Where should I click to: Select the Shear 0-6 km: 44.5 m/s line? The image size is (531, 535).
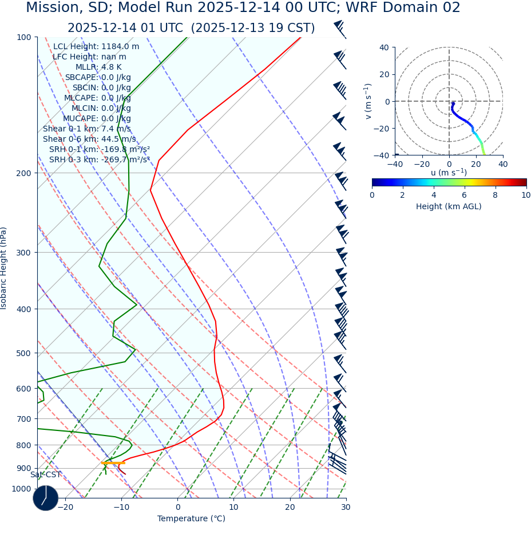[x=89, y=139]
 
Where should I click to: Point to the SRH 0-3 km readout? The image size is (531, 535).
[x=99, y=160]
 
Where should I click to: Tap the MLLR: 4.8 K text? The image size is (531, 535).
[x=98, y=67]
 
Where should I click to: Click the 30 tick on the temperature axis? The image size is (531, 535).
[x=346, y=507]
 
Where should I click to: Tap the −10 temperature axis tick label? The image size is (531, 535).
[x=121, y=507]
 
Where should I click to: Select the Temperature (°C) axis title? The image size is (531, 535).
[x=191, y=519]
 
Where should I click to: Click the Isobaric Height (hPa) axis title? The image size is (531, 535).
[x=4, y=268]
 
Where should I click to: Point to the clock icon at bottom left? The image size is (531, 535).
[x=46, y=498]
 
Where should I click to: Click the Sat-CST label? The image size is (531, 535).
[x=45, y=475]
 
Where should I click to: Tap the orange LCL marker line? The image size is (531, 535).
[x=113, y=462]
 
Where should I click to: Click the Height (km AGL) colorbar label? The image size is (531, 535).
[x=449, y=206]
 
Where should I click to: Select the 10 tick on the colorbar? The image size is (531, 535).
[x=526, y=195]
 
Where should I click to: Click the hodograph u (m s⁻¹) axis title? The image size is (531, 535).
[x=449, y=173]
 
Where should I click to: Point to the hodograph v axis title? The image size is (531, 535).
[x=368, y=101]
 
